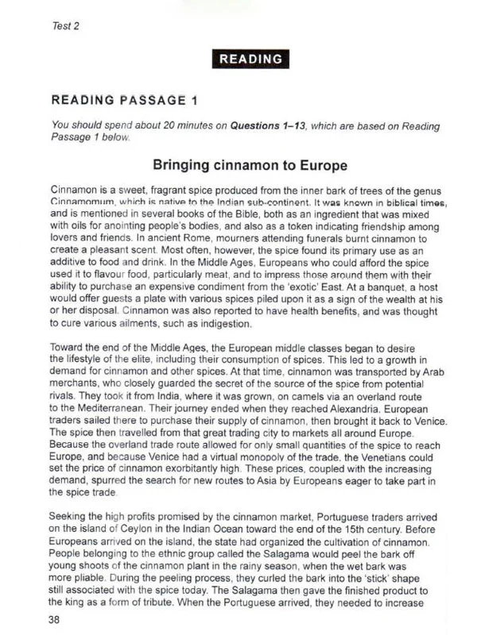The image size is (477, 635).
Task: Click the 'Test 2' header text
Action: coord(66,25)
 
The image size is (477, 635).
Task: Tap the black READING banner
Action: coord(250,59)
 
